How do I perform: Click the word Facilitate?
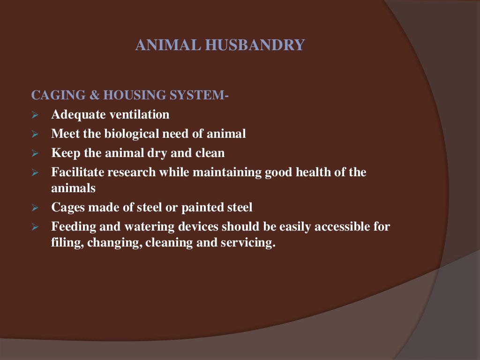[x=78, y=172]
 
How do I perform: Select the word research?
[x=132, y=172]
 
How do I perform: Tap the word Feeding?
[x=72, y=227]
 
